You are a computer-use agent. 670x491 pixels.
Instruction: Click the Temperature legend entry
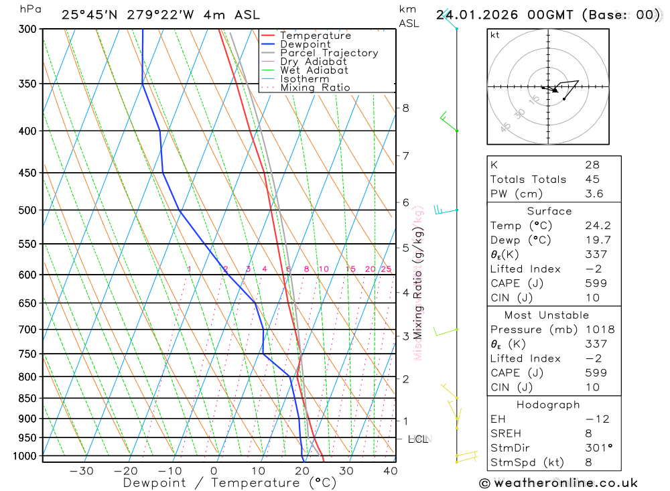315,36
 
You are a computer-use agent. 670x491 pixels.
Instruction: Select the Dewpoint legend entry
305,44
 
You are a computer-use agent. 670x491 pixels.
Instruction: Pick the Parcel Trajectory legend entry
328,53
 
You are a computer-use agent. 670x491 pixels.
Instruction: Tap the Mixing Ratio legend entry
315,88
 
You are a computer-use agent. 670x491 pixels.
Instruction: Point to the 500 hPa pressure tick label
27,210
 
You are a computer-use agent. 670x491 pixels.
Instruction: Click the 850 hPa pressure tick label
27,399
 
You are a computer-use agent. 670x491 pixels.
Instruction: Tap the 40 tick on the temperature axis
389,472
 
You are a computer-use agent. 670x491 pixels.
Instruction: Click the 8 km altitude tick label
405,108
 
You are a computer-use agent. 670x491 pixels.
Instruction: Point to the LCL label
418,439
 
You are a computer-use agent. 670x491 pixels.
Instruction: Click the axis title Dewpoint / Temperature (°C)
229,483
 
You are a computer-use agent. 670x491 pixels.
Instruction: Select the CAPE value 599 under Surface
595,283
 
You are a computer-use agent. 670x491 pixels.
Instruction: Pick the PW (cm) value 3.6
594,194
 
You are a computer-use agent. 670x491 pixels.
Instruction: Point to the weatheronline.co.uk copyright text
559,483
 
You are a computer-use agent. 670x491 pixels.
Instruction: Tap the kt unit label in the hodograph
495,35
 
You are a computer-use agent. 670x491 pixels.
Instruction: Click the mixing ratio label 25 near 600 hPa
386,269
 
